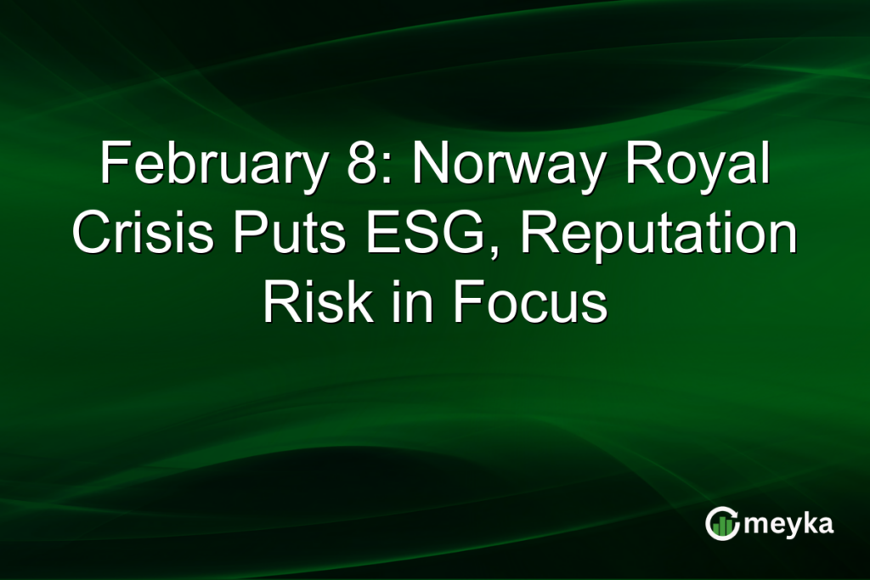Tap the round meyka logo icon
721,524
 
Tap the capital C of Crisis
93,234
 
